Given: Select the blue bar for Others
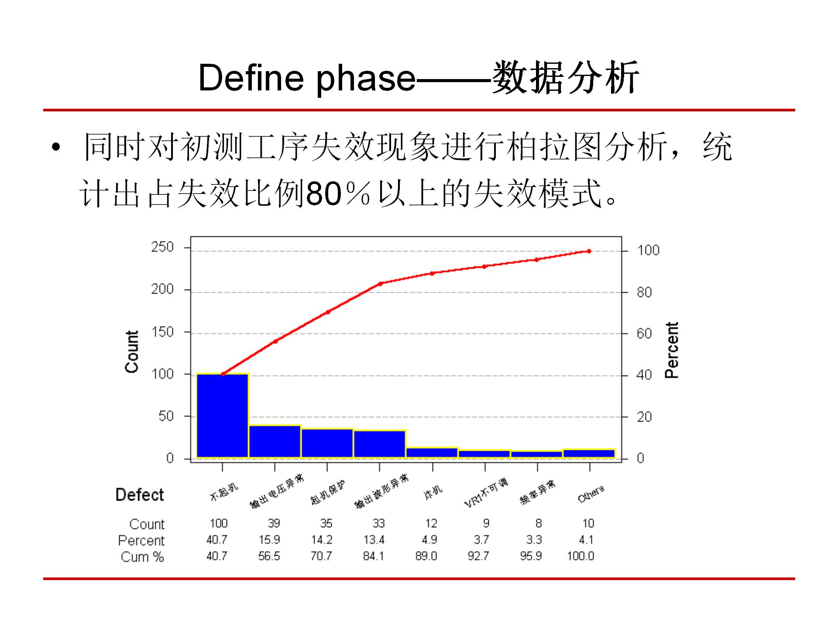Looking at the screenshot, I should (x=589, y=453).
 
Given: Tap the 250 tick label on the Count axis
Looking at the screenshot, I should (x=162, y=247).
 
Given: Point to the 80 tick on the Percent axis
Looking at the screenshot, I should (x=644, y=292).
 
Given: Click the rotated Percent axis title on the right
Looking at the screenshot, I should (x=671, y=350).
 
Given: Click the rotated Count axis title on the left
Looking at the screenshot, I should (x=132, y=352).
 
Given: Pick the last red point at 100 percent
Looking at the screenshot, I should (x=589, y=251).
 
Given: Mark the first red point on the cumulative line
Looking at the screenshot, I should (x=223, y=374).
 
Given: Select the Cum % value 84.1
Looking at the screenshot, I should (x=374, y=556).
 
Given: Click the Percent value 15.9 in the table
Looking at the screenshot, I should (x=269, y=540).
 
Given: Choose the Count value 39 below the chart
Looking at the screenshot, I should (x=274, y=523).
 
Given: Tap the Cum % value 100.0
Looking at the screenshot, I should (x=580, y=556).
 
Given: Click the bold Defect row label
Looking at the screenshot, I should (x=140, y=495).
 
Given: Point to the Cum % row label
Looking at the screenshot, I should (x=142, y=557).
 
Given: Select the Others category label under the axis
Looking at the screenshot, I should (x=591, y=494).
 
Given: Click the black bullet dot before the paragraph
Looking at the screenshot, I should (x=55, y=148).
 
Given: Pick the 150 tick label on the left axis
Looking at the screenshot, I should (x=162, y=332).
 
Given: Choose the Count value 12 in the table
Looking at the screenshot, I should (x=431, y=523).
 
